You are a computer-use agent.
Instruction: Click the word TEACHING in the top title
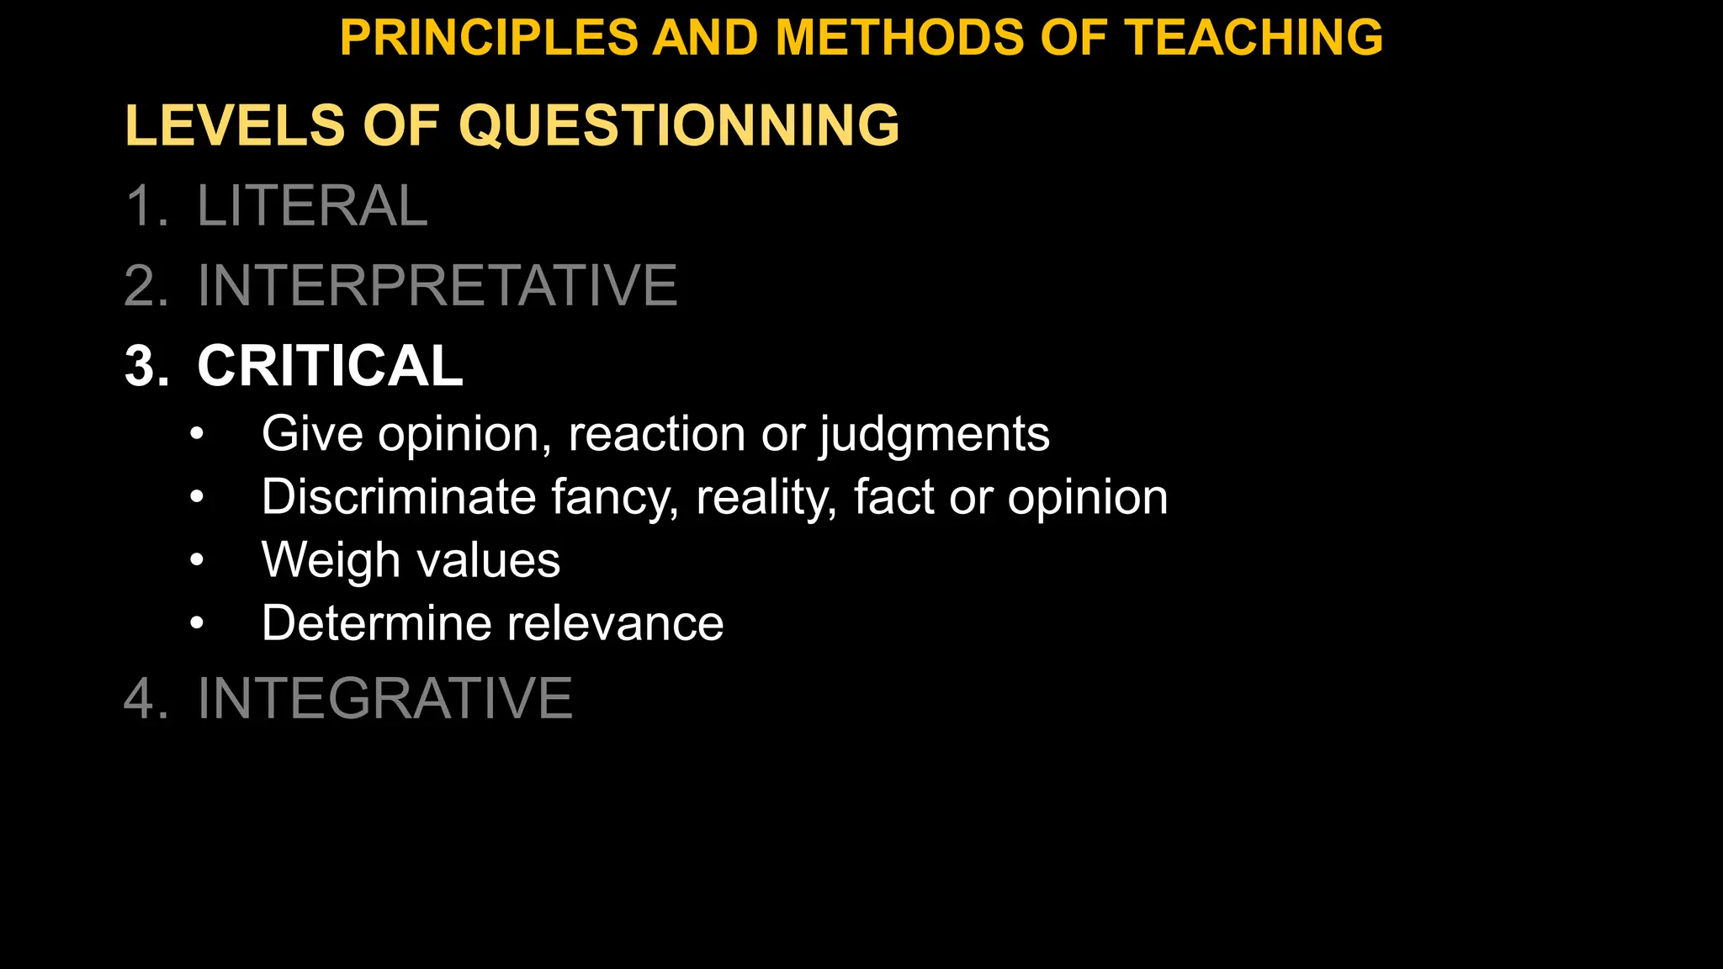(1254, 38)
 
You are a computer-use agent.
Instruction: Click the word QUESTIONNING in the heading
(679, 125)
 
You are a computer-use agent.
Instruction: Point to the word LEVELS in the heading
(235, 125)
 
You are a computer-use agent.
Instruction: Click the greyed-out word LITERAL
(312, 206)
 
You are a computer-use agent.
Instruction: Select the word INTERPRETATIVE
(437, 286)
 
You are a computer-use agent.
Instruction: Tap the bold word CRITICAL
(330, 366)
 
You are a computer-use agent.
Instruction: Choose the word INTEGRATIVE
(384, 698)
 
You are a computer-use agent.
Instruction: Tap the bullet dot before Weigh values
(197, 560)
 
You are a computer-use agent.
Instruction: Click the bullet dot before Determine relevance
(197, 623)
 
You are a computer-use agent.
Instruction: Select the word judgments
(934, 436)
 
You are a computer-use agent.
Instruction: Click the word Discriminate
(399, 497)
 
